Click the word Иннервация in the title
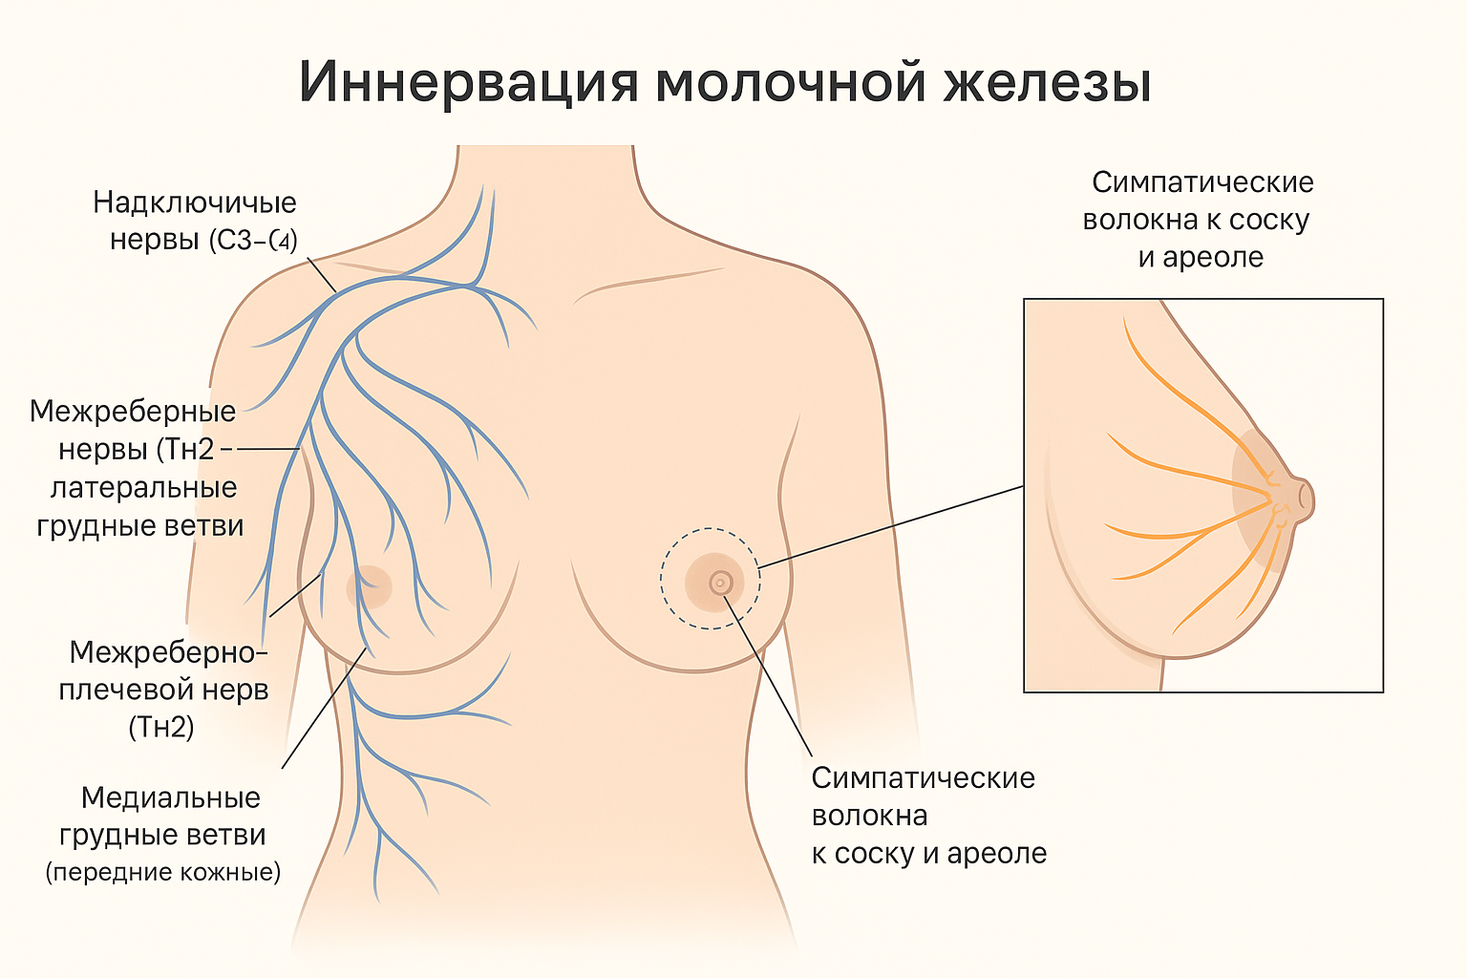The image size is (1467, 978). coord(469,82)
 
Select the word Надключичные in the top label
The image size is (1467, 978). coord(195,202)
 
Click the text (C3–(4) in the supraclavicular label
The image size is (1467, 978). coord(253,240)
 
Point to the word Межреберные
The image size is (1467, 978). coord(133,412)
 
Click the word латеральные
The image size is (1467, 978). coord(143,488)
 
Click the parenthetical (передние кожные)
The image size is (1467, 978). coord(163,872)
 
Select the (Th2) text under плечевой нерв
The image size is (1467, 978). coord(161,728)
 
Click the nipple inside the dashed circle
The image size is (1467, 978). coord(721,582)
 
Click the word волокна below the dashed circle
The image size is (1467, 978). coord(869,817)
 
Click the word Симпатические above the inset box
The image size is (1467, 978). coord(1202,182)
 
